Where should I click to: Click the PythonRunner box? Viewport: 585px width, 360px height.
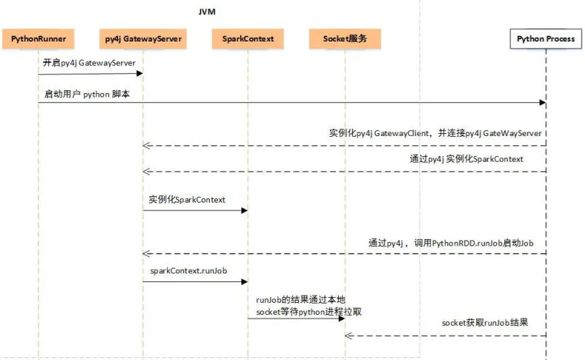pos(39,39)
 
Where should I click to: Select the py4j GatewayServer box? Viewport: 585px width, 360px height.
pos(142,39)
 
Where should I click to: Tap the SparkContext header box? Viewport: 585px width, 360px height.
pos(248,39)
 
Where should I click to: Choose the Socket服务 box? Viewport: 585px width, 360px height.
pos(345,39)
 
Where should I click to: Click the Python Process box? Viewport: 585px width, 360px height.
pos(546,39)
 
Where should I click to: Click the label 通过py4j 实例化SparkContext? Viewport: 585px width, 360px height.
pos(466,159)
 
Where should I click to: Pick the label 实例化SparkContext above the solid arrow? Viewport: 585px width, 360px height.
pos(187,200)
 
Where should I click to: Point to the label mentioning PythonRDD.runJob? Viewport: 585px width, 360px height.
pos(451,243)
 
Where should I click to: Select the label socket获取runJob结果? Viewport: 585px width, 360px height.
pos(485,323)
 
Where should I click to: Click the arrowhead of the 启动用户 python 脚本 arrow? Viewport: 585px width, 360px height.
pos(542,103)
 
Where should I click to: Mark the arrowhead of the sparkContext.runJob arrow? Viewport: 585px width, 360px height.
pos(244,281)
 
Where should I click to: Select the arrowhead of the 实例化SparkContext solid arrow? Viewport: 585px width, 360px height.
pos(244,210)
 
